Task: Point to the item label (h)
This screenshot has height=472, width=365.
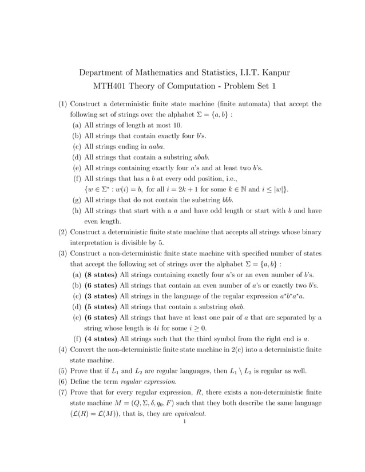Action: (76, 211)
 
